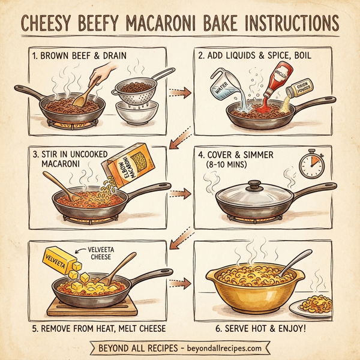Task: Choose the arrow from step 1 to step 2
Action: (x=176, y=92)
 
